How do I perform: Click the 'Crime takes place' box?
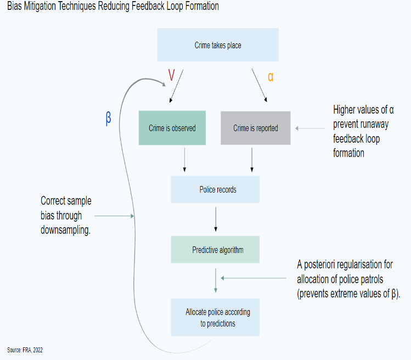pyautogui.click(x=218, y=45)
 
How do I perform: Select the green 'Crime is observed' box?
pyautogui.click(x=172, y=128)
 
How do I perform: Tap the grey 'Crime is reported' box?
pyautogui.click(x=255, y=128)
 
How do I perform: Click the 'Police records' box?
pyautogui.click(x=215, y=190)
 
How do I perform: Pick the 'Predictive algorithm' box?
pyautogui.click(x=215, y=250)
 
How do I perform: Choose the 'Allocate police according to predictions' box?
pyautogui.click(x=215, y=317)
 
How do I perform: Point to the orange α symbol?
pyautogui.click(x=271, y=77)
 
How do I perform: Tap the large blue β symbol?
pyautogui.click(x=108, y=119)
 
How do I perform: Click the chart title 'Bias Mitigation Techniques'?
pyautogui.click(x=112, y=7)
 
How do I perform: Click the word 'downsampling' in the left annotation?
pyautogui.click(x=65, y=230)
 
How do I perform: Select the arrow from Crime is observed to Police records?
pyautogui.click(x=184, y=160)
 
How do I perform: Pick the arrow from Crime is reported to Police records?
pyautogui.click(x=252, y=160)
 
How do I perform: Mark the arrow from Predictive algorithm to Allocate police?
pyautogui.click(x=215, y=280)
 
